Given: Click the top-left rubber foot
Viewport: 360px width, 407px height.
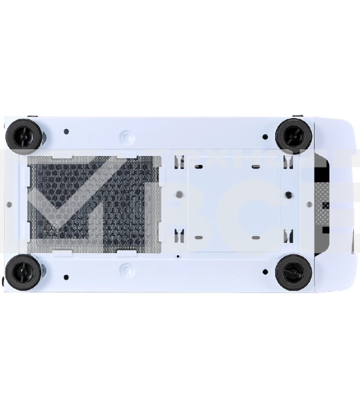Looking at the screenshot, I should [x=24, y=136].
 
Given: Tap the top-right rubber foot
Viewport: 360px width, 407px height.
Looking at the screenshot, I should [x=294, y=135].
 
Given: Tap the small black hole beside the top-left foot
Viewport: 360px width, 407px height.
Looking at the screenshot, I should [x=66, y=132].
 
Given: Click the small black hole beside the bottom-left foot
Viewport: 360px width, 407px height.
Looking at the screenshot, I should [x=65, y=277].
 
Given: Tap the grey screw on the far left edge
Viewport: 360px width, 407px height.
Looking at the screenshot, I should [x=8, y=203].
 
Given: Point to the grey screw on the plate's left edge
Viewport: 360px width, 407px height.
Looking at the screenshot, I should [x=177, y=195].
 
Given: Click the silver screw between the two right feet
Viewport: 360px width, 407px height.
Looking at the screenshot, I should [x=309, y=203].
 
